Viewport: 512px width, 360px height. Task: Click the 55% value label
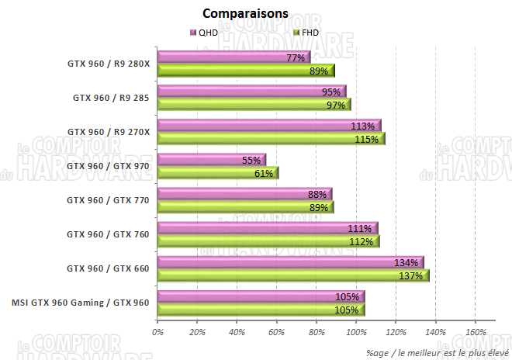coord(251,160)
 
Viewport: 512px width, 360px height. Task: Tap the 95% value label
coord(330,92)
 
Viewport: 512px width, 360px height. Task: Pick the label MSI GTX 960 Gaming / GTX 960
coord(81,302)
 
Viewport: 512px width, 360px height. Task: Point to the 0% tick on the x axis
coord(157,333)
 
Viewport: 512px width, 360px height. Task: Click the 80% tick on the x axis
coord(316,333)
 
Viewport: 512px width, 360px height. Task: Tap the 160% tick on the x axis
coord(475,333)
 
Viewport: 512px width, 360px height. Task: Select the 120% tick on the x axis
coord(396,333)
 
